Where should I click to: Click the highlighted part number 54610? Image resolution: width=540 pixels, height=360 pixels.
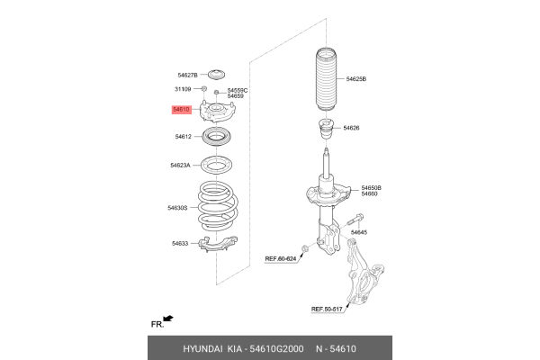pyautogui.click(x=182, y=110)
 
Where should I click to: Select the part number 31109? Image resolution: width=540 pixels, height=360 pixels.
pyautogui.click(x=182, y=90)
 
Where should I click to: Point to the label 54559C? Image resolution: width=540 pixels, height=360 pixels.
pyautogui.click(x=238, y=90)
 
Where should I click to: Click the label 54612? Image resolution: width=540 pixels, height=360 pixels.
pyautogui.click(x=184, y=137)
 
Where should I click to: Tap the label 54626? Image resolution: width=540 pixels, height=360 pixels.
pyautogui.click(x=350, y=128)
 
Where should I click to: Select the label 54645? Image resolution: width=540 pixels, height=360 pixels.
pyautogui.click(x=358, y=232)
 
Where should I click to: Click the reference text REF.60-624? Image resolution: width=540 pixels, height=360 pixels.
pyautogui.click(x=281, y=258)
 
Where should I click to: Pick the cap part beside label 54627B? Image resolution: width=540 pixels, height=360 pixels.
pyautogui.click(x=216, y=74)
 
